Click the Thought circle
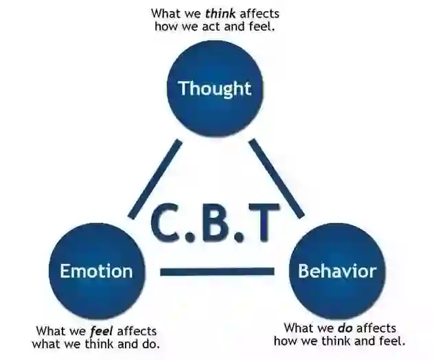pos(215,88)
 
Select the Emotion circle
pos(95,270)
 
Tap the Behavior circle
pos(336,270)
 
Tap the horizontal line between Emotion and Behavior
pos(217,272)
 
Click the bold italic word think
pos(219,13)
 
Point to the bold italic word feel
pos(101,331)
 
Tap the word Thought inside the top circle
pos(215,89)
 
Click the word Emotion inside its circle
pos(95,271)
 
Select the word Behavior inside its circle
pos(336,271)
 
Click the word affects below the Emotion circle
pos(136,331)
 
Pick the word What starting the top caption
pos(165,13)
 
